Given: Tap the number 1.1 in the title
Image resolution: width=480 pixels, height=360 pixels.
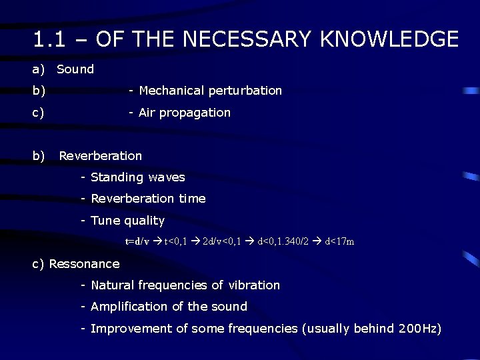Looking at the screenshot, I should click(x=48, y=39).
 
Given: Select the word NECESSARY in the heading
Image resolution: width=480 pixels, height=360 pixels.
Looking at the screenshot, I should click(x=247, y=39).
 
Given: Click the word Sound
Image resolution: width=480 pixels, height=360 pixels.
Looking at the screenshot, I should click(x=75, y=69).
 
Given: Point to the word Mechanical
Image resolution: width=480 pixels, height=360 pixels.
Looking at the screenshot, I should click(x=171, y=91).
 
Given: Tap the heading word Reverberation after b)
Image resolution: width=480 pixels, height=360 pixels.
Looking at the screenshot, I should click(x=100, y=156).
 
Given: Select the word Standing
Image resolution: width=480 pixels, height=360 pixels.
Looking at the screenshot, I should click(x=117, y=177).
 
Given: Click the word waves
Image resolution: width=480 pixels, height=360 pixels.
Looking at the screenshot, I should click(x=167, y=177).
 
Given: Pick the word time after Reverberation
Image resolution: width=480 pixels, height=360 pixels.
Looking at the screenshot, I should click(x=192, y=199).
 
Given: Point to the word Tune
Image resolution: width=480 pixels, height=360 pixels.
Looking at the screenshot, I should click(x=105, y=221).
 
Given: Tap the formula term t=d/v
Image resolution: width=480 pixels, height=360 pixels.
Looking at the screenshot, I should click(x=137, y=241).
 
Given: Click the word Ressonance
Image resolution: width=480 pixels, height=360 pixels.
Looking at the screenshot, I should click(x=84, y=264).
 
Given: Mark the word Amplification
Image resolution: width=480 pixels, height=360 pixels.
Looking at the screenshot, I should click(x=129, y=307).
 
